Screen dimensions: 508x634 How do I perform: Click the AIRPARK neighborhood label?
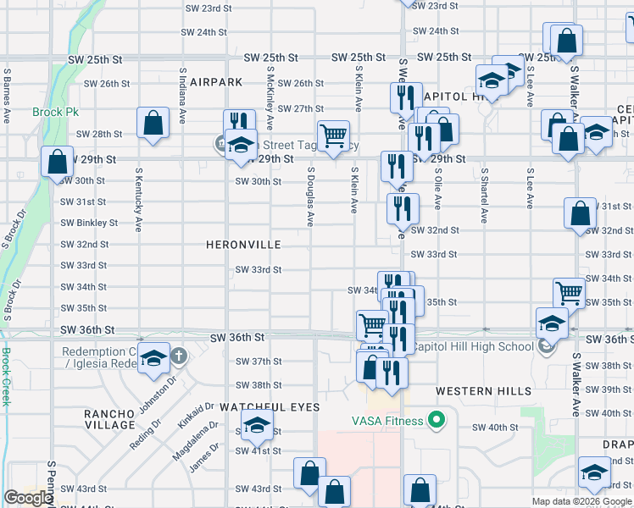[x=216, y=82]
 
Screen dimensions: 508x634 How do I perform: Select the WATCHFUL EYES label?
[x=270, y=407]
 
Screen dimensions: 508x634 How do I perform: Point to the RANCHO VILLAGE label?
[x=109, y=419]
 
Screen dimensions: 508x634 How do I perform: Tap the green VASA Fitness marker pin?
[x=437, y=420]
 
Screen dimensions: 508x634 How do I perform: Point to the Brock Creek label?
[x=5, y=377]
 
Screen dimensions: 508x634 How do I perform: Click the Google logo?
[x=28, y=498]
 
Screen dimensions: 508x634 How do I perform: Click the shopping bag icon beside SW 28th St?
[x=153, y=122]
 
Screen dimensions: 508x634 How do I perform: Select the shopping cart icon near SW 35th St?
[x=569, y=292]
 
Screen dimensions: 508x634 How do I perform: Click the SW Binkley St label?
[x=89, y=223]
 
